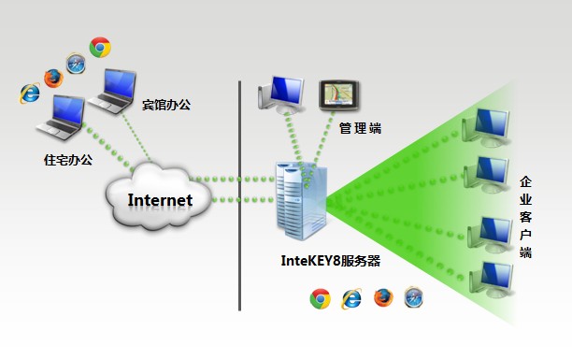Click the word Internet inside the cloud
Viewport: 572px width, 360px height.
160,200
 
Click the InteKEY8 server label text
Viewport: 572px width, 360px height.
331,262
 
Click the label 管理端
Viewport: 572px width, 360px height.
360,128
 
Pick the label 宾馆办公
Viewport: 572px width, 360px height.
165,104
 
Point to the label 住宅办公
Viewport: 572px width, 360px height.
68,160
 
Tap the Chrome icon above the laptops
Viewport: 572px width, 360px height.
100,47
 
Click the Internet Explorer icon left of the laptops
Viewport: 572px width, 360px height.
29,93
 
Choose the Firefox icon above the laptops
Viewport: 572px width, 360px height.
52,77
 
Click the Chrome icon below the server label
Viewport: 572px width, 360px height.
320,298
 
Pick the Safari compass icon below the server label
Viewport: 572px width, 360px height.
414,298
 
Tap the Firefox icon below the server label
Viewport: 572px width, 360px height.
383,298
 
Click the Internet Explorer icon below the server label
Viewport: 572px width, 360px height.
351,298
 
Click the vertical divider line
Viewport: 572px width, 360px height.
239,196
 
